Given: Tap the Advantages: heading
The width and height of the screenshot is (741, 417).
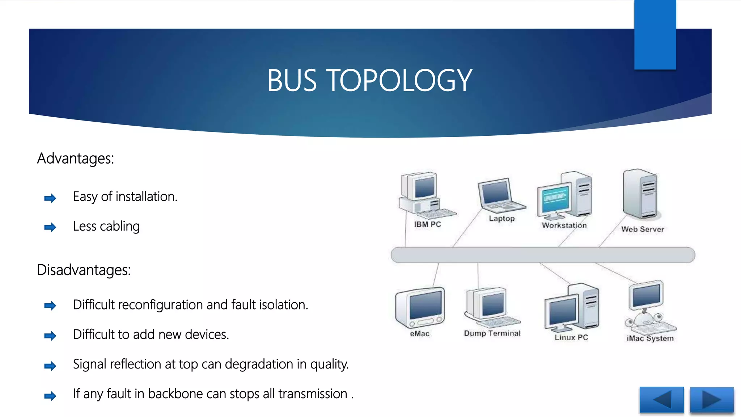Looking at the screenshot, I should coord(75,159).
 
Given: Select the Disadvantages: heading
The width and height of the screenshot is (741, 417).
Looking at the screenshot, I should coord(84,270).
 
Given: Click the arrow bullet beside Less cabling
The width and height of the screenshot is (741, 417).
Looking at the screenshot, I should coord(50,227).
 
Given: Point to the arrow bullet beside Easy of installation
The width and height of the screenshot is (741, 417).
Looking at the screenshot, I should coord(50,198).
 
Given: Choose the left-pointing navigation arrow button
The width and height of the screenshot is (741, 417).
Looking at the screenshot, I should coord(661,400).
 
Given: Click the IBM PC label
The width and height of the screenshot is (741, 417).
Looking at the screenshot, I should coord(427,224).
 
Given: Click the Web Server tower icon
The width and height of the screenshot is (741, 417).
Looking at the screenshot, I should coord(640,194).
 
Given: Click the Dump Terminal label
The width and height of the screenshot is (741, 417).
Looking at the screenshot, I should coord(492,333).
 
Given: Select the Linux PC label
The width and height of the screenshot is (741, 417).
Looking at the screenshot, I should coord(571,337).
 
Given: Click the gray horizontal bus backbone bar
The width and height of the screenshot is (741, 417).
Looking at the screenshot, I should coord(543,255).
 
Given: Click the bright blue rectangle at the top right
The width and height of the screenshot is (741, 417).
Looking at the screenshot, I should coord(655,34).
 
